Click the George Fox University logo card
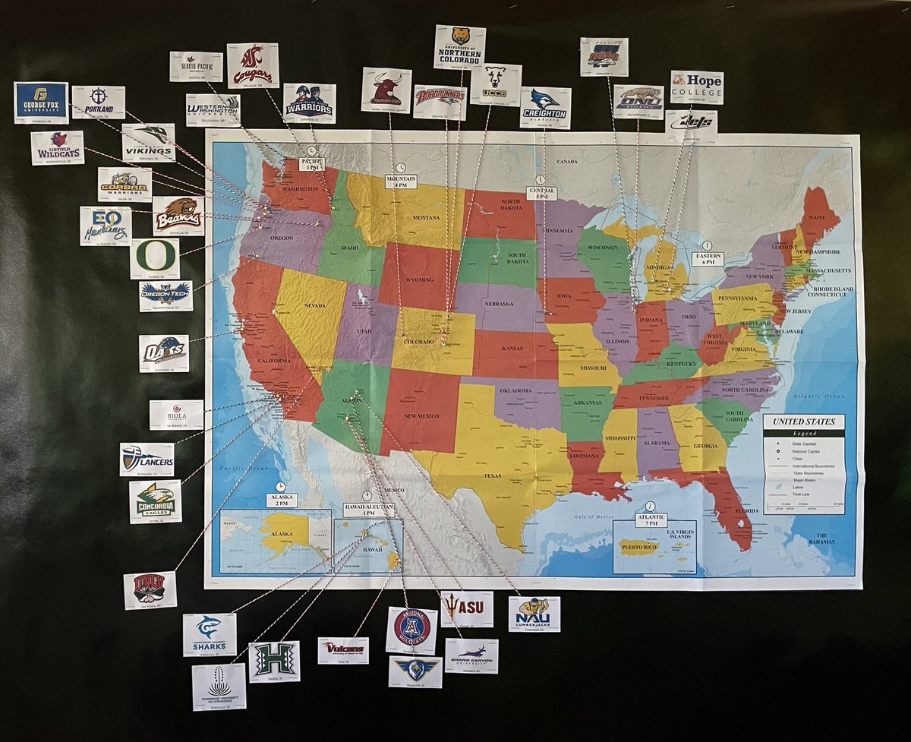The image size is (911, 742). point(41,103)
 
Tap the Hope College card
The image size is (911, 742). point(696,87)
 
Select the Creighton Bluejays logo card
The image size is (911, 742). point(545,107)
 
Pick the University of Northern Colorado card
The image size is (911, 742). point(459,47)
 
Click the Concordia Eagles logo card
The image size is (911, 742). point(155,501)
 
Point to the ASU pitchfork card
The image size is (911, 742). point(467,609)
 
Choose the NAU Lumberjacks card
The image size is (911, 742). point(534,614)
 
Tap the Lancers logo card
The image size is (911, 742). point(147,459)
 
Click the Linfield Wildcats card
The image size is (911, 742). point(57,147)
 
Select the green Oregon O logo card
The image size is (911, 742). point(155,259)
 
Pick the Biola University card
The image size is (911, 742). point(176,415)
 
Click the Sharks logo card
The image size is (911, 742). point(209,634)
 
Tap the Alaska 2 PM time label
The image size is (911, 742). point(281,499)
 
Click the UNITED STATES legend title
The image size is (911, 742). point(803,422)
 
